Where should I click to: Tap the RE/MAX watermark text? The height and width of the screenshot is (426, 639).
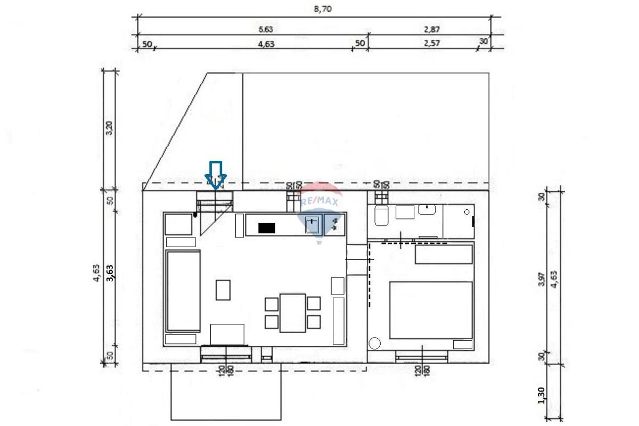pos(319,202)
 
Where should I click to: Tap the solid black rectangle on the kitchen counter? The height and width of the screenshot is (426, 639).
pos(266,228)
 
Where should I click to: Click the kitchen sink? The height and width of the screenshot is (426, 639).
pos(313,225)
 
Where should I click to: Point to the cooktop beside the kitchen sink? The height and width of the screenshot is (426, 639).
pos(334,224)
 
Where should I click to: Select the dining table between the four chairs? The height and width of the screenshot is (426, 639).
pos(292,313)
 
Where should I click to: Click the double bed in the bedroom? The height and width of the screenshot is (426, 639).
pos(431,310)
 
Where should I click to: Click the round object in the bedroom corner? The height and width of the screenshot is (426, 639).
pos(376,343)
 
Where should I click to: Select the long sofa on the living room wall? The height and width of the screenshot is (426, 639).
pos(183,291)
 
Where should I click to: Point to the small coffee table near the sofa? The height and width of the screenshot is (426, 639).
pos(223,290)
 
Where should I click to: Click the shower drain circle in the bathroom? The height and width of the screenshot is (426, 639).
pos(467,212)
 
